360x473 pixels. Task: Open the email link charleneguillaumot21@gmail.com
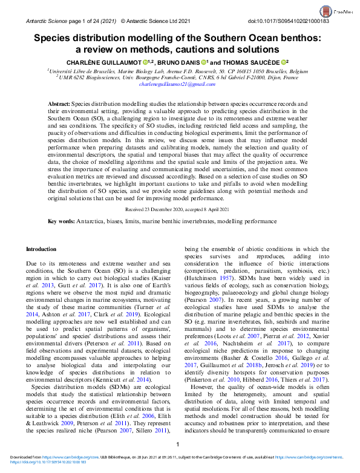(x=180, y=85)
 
